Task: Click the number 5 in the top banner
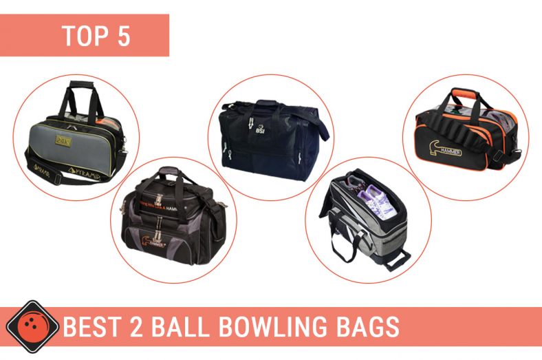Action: [124, 36]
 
